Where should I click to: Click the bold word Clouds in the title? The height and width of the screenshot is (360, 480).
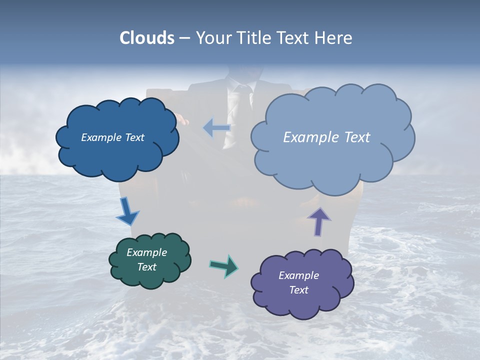point(147,38)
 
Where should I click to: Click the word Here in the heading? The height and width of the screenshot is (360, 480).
point(334,38)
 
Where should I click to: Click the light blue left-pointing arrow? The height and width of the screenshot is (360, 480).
point(217,127)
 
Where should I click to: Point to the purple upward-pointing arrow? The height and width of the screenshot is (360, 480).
point(318,220)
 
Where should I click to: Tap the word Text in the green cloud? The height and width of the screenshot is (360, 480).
point(147,267)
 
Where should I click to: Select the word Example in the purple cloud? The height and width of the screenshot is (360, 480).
point(298,275)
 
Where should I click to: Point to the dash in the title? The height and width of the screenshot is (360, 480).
point(184,38)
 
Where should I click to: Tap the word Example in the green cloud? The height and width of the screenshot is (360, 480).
point(147,252)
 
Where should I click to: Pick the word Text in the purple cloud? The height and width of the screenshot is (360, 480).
point(298,290)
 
